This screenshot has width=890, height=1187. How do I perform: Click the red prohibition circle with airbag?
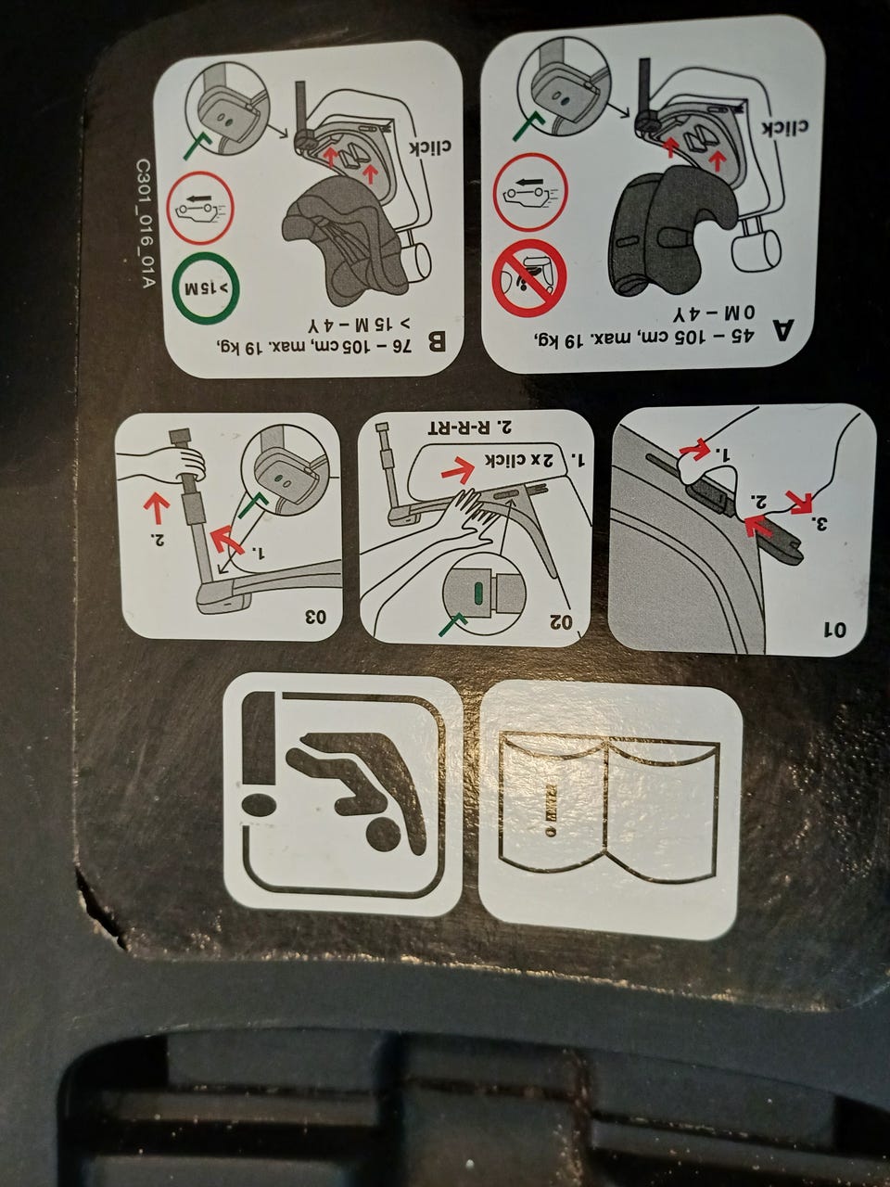(530, 277)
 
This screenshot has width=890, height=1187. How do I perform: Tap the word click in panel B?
(423, 147)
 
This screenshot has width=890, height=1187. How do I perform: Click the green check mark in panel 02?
(453, 622)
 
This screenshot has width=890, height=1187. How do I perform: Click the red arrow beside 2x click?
(459, 470)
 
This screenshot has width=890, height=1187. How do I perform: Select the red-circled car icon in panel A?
(530, 192)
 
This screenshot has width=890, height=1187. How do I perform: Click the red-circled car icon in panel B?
(200, 208)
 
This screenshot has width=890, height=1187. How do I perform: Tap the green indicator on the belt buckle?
(478, 593)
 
